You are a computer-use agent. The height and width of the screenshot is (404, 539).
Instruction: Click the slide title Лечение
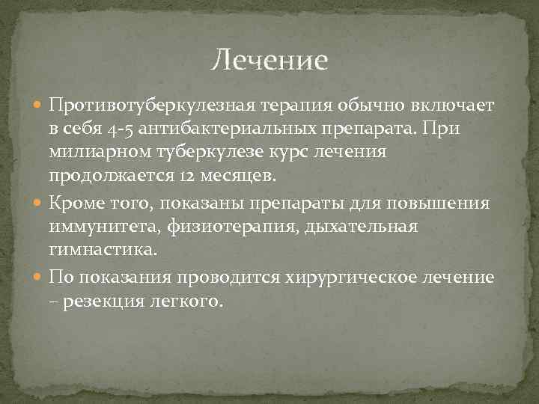coord(269,59)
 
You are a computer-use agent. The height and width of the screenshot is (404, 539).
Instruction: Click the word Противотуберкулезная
coord(153,104)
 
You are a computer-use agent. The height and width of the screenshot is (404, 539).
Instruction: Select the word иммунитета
coord(99,228)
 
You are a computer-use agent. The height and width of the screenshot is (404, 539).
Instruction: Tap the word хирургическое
coord(345,277)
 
